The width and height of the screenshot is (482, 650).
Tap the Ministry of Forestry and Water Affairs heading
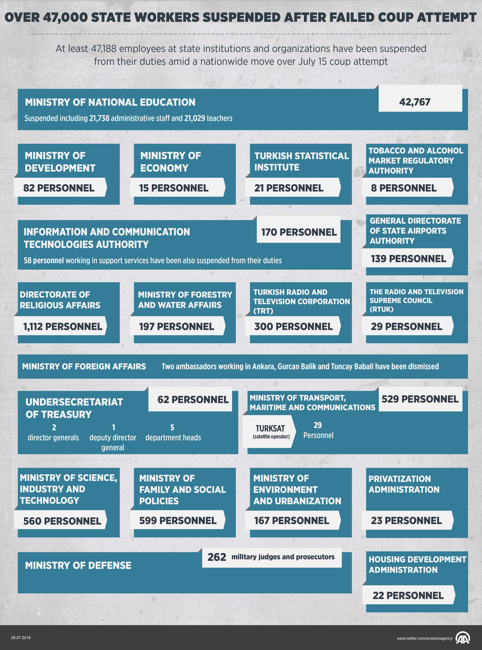coord(185,300)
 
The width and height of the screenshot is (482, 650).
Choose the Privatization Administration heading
coord(404,484)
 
